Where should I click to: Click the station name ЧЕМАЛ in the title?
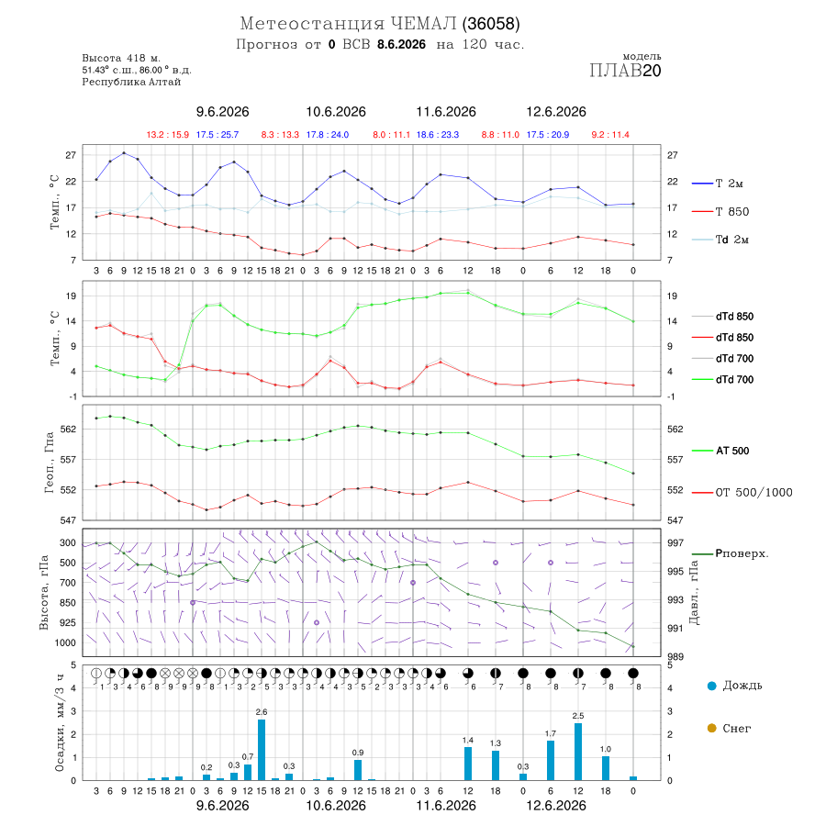coord(424,24)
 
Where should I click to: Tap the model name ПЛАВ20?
coord(625,70)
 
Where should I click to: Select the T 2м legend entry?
coord(718,184)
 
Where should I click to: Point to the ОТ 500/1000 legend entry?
coord(742,493)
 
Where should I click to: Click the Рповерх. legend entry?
coord(731,553)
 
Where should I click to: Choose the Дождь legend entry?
coord(735,686)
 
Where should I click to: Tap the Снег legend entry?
coord(729,728)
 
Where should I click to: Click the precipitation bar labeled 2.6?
coord(262,750)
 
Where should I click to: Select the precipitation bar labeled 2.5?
coord(578,752)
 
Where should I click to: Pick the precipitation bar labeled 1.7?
coord(551,761)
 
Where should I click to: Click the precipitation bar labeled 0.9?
coord(358,770)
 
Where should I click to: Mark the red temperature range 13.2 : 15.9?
coord(168,135)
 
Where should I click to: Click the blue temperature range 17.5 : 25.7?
coord(217,135)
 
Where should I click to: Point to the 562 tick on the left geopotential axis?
coord(69,429)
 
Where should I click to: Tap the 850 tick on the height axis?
coord(67,603)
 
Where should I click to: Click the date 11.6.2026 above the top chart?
coord(446,112)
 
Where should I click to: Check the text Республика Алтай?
coord(131,83)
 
